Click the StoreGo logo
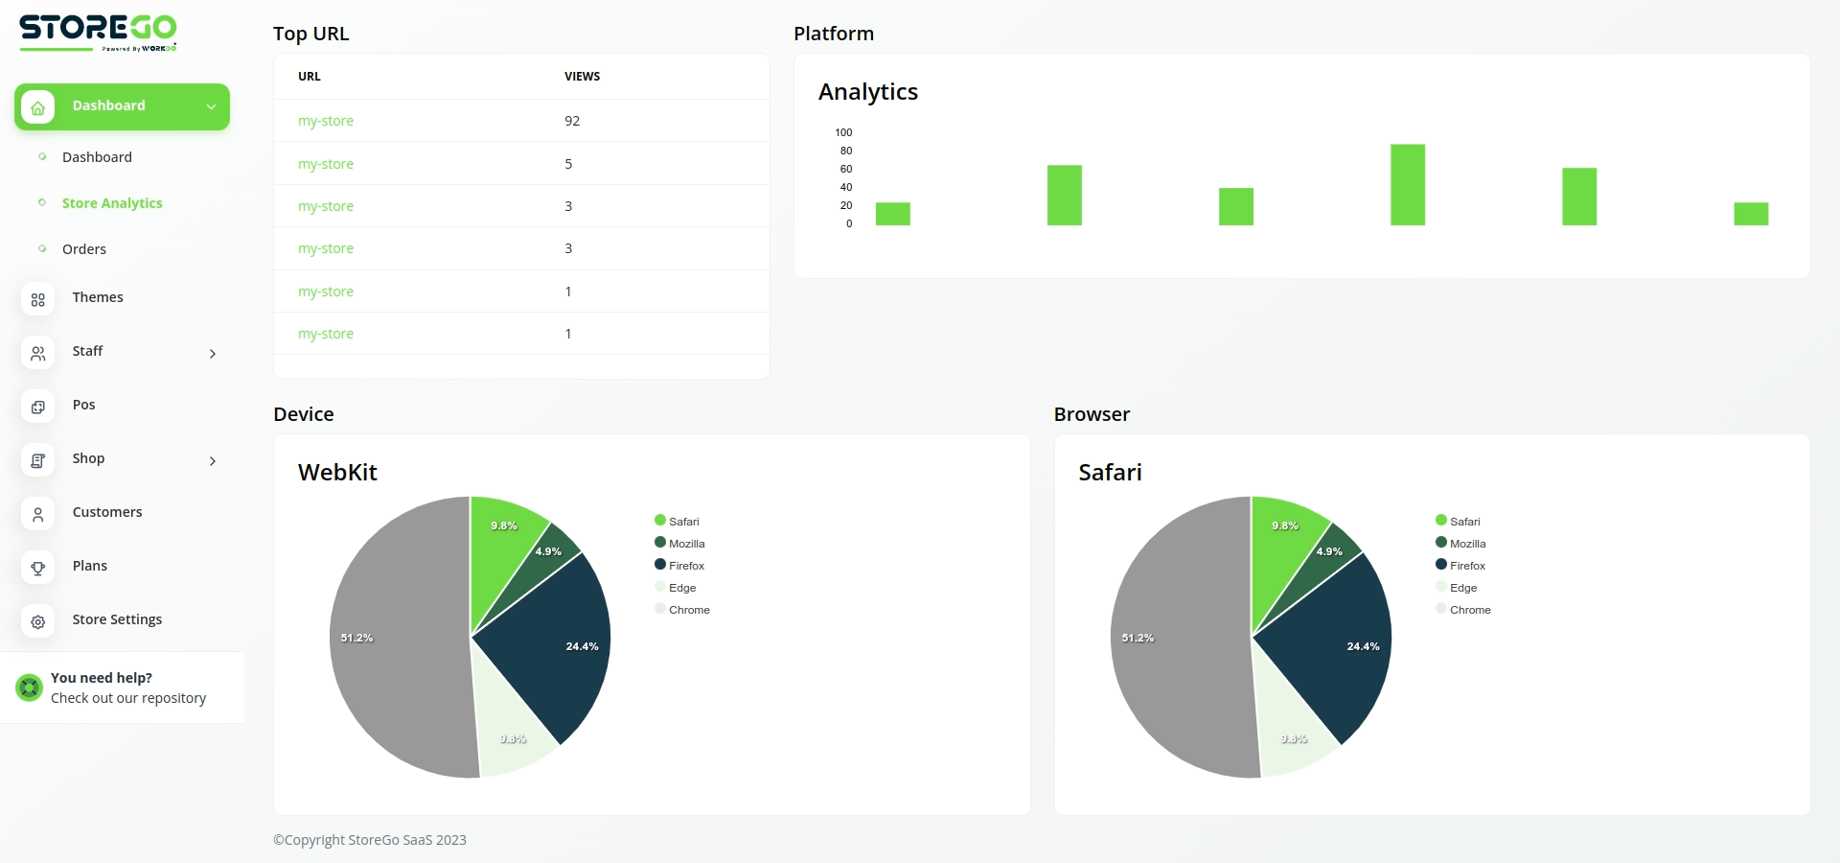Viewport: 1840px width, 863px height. (x=98, y=32)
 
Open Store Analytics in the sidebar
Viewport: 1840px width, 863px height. (x=112, y=203)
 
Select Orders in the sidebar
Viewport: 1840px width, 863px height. (x=84, y=249)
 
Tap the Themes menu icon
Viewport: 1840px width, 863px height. (x=38, y=299)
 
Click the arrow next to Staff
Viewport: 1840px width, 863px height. (x=213, y=354)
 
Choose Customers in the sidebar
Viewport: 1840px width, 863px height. (x=107, y=512)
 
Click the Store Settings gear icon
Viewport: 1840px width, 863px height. (x=38, y=621)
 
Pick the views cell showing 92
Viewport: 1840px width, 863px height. (x=572, y=121)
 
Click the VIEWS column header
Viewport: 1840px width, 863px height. (x=582, y=77)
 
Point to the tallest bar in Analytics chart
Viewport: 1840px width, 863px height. (x=1407, y=184)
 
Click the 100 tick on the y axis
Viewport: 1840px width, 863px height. (x=843, y=132)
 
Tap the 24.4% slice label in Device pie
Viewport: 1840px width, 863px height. (x=582, y=646)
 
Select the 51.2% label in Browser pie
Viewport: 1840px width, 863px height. (x=1138, y=638)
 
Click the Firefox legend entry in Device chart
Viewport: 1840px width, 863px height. (x=686, y=566)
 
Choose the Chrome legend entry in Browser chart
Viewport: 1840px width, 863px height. (x=1469, y=610)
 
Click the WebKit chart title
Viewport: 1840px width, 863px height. (x=337, y=472)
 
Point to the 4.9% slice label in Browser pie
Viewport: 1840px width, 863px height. (x=1329, y=551)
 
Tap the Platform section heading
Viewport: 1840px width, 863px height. (x=834, y=34)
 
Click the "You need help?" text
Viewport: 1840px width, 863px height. (x=102, y=678)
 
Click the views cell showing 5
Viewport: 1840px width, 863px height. (x=568, y=164)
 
